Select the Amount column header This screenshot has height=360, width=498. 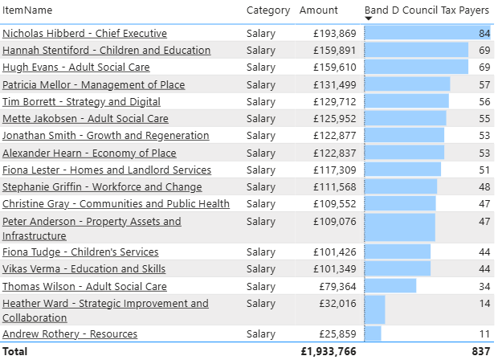pos(319,10)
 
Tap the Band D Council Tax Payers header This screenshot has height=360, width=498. pos(427,10)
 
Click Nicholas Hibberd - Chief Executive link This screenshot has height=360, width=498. pos(84,34)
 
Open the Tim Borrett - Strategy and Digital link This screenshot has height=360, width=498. pos(81,102)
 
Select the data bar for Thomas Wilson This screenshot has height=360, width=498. pos(390,286)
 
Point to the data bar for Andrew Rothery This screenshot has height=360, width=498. pos(373,334)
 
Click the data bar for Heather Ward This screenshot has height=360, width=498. pos(375,310)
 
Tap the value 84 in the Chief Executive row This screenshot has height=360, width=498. pos(484,34)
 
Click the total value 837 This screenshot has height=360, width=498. pos(480,351)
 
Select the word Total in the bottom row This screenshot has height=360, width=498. pos(14,351)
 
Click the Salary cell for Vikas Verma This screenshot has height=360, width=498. pos(260,269)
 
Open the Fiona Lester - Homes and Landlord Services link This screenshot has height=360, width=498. pos(107,170)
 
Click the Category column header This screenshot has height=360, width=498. pos(267,10)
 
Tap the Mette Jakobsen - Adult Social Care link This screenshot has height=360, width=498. pos(85,119)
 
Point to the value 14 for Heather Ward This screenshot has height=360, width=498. pos(484,304)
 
